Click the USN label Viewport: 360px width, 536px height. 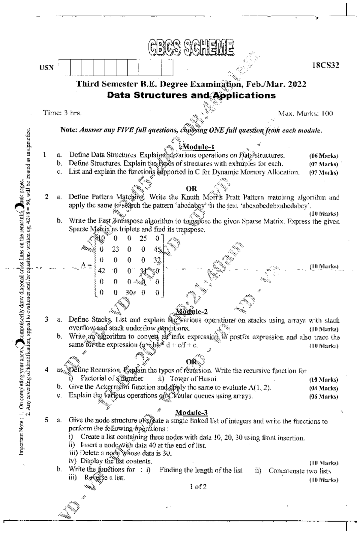[47, 68]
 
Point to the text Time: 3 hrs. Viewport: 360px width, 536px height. [62, 113]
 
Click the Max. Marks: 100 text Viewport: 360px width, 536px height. [305, 114]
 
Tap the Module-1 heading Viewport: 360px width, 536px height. [198, 147]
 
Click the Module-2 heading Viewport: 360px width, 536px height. [192, 311]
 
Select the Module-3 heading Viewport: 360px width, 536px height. [191, 412]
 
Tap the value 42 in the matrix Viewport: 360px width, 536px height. [101, 271]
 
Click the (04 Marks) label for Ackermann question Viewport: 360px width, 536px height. [323, 388]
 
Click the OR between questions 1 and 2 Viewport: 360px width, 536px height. [191, 189]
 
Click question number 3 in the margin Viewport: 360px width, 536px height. [47, 319]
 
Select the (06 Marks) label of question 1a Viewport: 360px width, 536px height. [323, 156]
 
